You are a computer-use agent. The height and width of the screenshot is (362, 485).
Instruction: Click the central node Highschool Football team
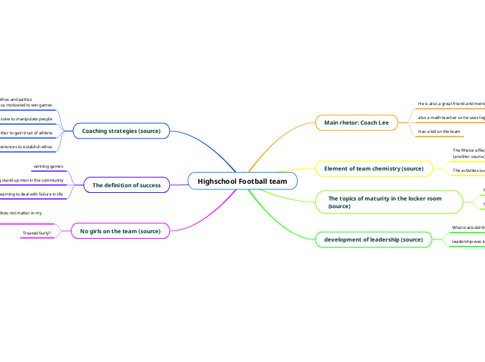pyautogui.click(x=242, y=181)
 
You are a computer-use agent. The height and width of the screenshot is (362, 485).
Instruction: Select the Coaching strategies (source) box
pyautogui.click(x=121, y=131)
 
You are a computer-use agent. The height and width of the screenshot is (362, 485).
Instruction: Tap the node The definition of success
pyautogui.click(x=126, y=185)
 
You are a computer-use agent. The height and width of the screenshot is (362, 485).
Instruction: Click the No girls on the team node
pyautogui.click(x=120, y=231)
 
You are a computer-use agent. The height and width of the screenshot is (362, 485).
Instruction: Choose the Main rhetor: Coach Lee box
pyautogui.click(x=356, y=123)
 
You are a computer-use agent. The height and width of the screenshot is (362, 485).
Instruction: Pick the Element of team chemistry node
pyautogui.click(x=374, y=168)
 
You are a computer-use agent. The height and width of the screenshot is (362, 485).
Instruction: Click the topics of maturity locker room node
pyautogui.click(x=384, y=203)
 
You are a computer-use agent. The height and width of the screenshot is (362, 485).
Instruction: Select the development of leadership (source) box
pyautogui.click(x=373, y=239)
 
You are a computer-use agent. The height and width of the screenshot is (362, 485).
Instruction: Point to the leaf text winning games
pyautogui.click(x=49, y=167)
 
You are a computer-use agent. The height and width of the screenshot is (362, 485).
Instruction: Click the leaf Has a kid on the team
pyautogui.click(x=439, y=131)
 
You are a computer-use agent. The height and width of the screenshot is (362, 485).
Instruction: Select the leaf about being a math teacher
pyautogui.click(x=450, y=118)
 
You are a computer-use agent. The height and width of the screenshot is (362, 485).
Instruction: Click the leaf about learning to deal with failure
pyautogui.click(x=31, y=194)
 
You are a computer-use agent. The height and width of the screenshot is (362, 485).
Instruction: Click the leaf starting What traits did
pyautogui.click(x=468, y=228)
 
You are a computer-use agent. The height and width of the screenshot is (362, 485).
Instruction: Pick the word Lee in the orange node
pyautogui.click(x=383, y=123)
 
